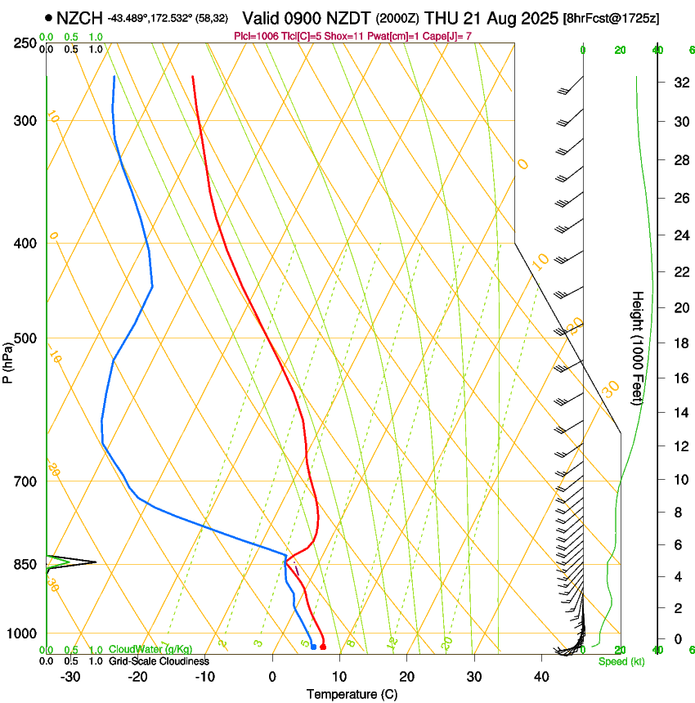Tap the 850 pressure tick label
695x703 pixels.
25,564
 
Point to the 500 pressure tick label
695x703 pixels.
25,338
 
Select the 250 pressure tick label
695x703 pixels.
25,43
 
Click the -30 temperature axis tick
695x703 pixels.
70,677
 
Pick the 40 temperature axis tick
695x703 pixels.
541,677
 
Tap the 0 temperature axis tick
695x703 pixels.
272,677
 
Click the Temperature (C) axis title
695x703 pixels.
352,694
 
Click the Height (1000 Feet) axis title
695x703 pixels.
638,347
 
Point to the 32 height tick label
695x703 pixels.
679,83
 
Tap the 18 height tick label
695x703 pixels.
679,343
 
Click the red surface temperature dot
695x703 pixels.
323,647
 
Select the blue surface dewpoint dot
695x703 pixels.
313,647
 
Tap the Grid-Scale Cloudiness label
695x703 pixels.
159,660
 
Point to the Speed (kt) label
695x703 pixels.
621,661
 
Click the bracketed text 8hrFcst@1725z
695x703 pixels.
613,17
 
